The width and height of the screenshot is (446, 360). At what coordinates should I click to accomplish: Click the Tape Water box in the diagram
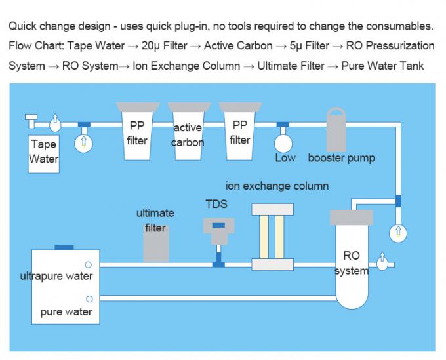pos(44,153)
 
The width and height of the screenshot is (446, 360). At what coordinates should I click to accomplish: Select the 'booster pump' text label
pos(341,158)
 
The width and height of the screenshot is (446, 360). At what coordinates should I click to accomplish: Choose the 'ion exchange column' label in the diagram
pos(277,186)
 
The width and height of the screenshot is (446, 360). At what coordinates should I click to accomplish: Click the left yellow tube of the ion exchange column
pos(264,236)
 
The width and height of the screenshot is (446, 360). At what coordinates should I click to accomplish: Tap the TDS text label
pos(216,204)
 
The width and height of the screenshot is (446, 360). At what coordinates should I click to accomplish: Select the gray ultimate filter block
pos(156,243)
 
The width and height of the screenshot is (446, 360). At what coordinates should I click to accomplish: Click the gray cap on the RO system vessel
pos(352,217)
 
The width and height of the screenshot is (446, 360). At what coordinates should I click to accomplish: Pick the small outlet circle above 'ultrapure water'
pos(89,264)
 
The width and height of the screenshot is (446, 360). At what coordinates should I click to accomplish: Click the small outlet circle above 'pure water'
pos(89,299)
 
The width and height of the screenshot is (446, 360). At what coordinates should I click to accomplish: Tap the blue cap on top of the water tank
pos(64,247)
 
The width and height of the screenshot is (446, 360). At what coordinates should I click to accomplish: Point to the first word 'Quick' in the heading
pos(22,26)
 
